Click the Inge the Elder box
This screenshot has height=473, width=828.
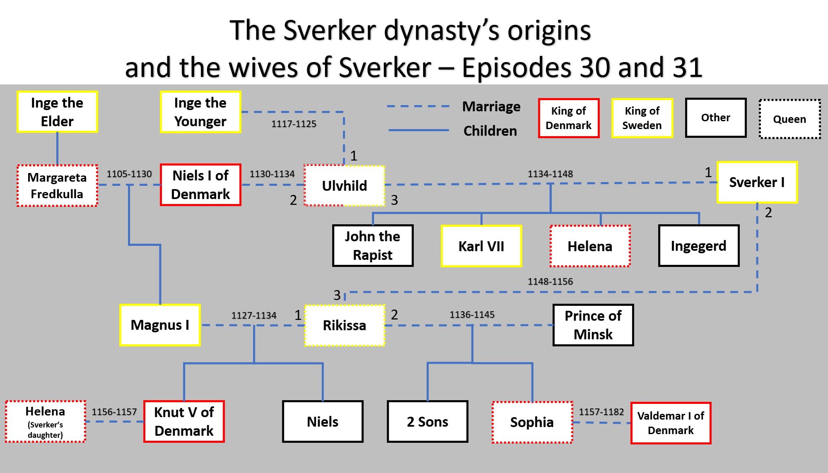(x=57, y=112)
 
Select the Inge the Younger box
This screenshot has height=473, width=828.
(x=200, y=112)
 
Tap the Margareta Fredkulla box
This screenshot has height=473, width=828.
(x=57, y=185)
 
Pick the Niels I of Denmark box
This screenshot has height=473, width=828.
(x=200, y=185)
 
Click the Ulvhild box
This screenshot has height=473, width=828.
(x=344, y=185)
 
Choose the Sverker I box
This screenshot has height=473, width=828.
(x=757, y=182)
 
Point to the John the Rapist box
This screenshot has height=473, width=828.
(x=373, y=245)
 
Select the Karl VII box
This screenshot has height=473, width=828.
(x=481, y=246)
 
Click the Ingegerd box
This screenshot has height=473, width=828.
(x=698, y=245)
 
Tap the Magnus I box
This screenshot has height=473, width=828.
(x=160, y=325)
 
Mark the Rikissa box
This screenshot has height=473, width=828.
(x=344, y=325)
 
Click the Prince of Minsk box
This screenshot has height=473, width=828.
(x=593, y=325)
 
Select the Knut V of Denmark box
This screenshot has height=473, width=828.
(x=184, y=421)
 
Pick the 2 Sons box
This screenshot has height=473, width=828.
(x=427, y=421)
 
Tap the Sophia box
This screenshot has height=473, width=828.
(x=532, y=422)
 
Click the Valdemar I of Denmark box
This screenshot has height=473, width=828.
(x=671, y=423)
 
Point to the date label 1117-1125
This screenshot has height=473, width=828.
(x=294, y=124)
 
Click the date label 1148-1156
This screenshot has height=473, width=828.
(x=550, y=281)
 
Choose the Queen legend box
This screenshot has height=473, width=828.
(x=789, y=119)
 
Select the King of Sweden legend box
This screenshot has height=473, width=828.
(x=642, y=118)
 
